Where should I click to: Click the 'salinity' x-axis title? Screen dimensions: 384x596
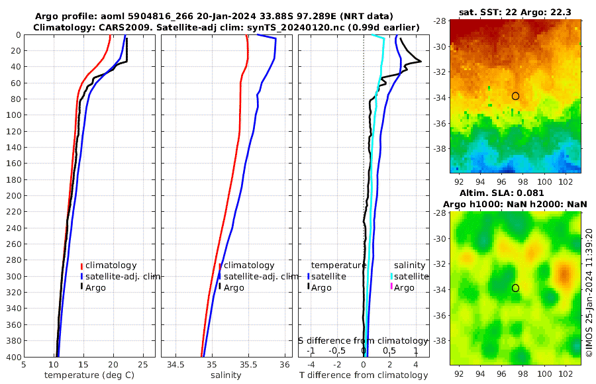(x=225, y=375)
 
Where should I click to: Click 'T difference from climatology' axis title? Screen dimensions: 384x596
(x=364, y=375)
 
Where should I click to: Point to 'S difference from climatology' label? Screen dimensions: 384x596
(x=363, y=340)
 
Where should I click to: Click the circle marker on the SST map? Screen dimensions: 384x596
(x=515, y=96)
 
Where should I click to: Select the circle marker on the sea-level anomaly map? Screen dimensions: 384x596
(x=515, y=288)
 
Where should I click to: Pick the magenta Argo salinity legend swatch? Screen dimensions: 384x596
(x=391, y=287)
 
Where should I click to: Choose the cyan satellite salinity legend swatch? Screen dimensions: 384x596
(x=391, y=276)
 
